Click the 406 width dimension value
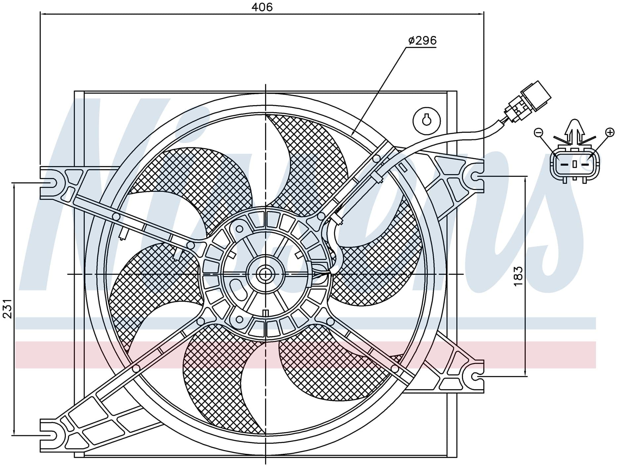(262, 7)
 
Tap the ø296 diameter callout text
(422, 41)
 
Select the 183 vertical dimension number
(518, 276)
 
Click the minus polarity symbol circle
(538, 133)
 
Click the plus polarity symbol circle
(609, 133)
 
